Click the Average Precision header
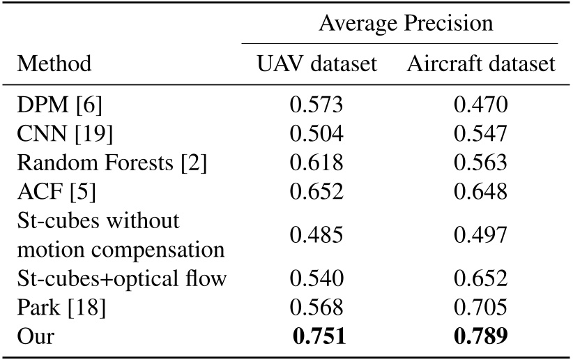[405, 23]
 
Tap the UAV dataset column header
[317, 64]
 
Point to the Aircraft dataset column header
[481, 64]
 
